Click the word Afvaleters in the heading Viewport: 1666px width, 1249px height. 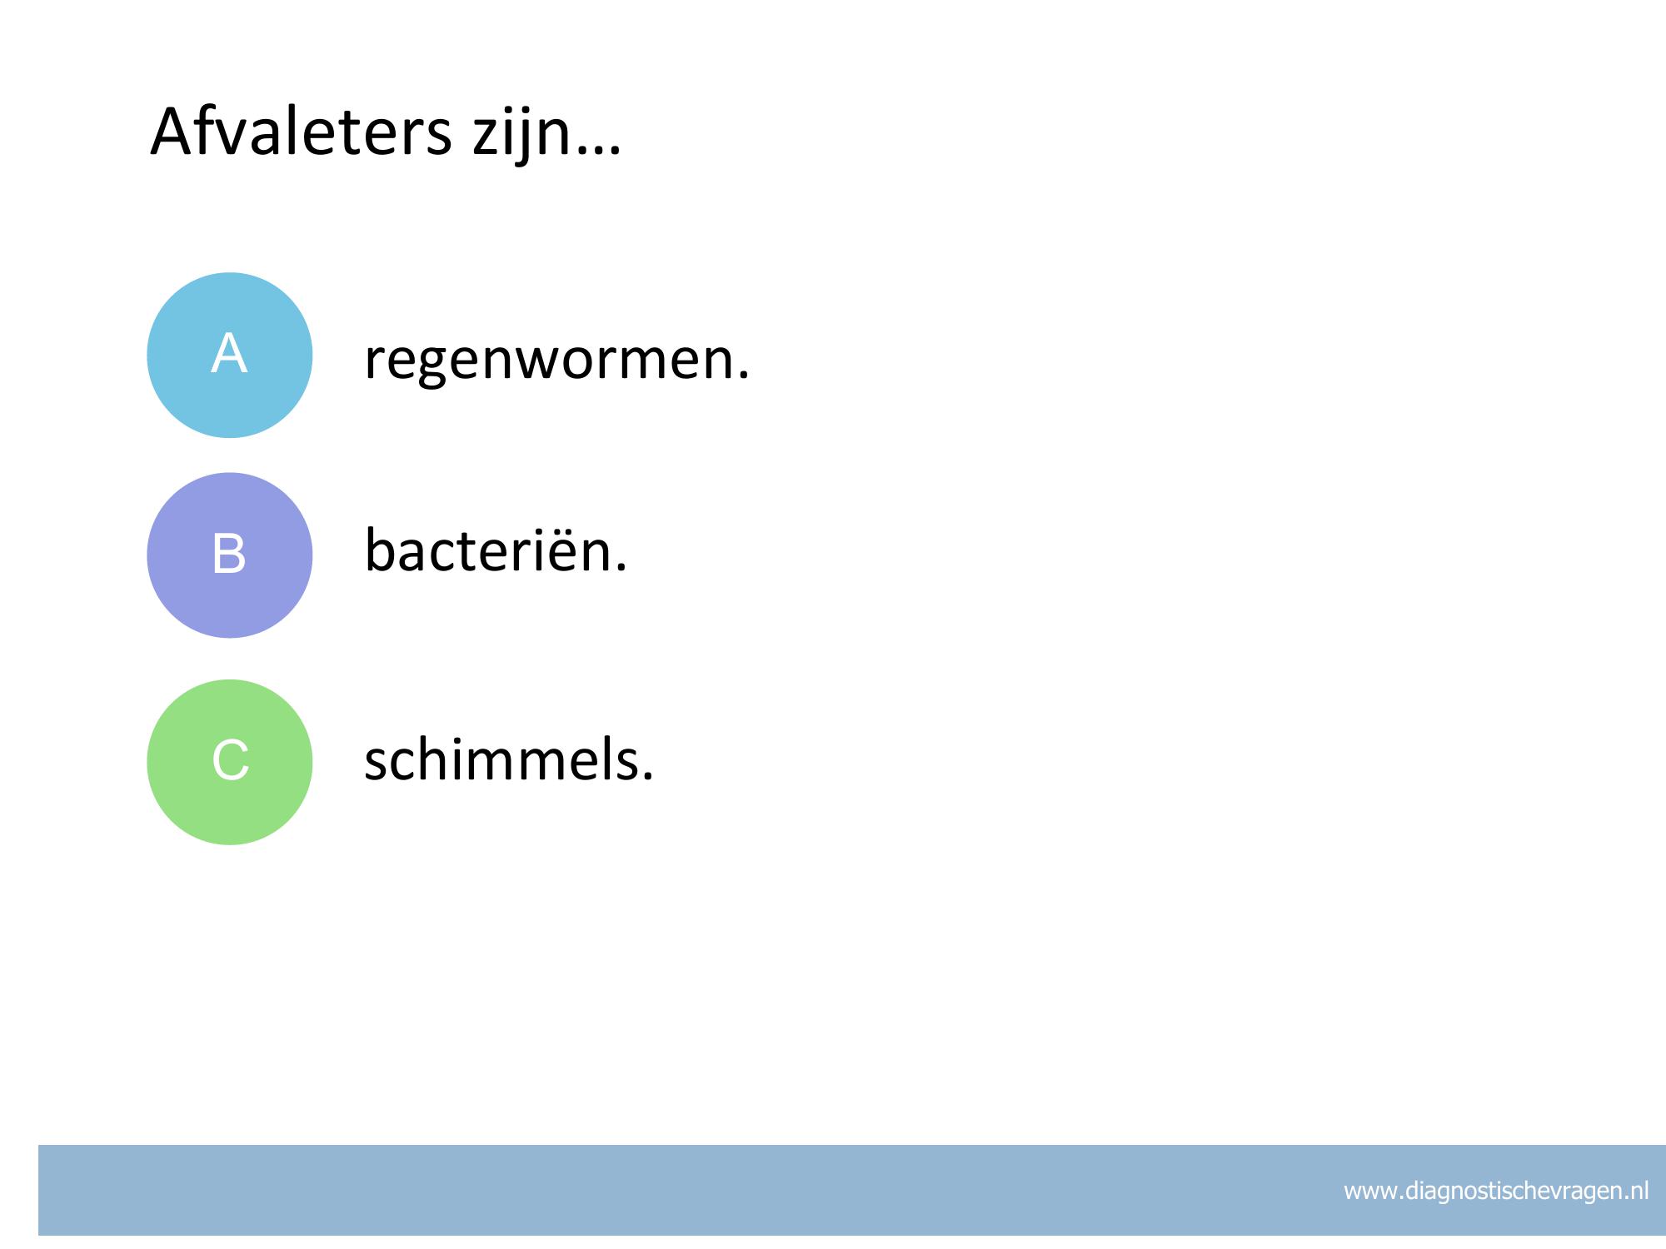(301, 132)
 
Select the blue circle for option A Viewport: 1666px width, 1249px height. (230, 355)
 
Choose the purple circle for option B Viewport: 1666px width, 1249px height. (230, 555)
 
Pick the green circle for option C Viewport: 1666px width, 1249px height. (230, 762)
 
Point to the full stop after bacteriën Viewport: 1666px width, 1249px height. (620, 567)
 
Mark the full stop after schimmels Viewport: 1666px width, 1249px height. (647, 775)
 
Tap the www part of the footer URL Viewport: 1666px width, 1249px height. (1371, 1192)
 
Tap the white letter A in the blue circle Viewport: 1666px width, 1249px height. (229, 353)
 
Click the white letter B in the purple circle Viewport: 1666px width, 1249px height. (229, 554)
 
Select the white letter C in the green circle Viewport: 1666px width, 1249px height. (231, 760)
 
